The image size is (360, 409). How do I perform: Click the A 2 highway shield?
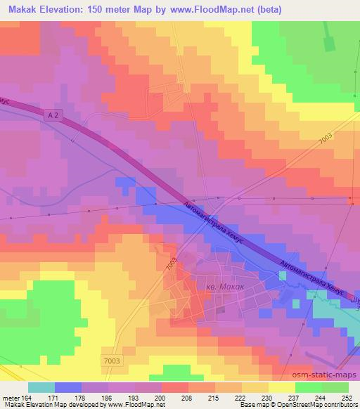(x=56, y=113)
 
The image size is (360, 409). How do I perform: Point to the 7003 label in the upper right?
(x=326, y=138)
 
